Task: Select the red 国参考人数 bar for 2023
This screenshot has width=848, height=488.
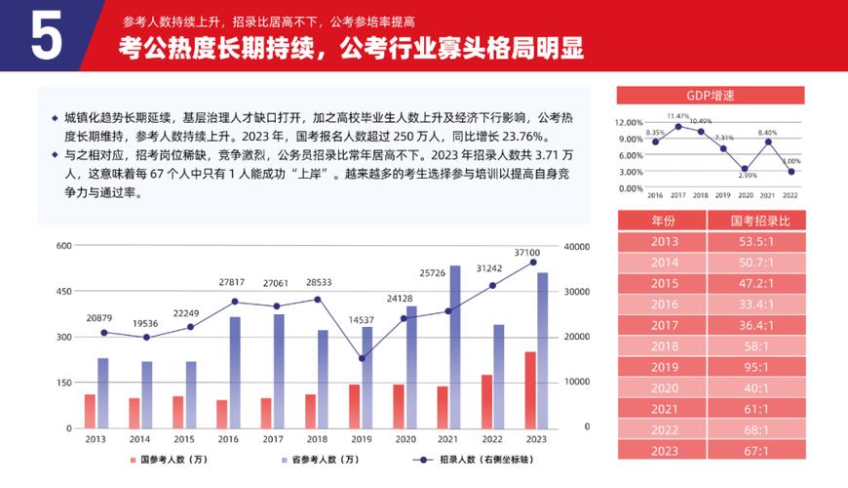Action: point(530,389)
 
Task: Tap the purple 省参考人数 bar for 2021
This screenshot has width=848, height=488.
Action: point(454,346)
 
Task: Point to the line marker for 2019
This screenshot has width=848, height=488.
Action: point(362,358)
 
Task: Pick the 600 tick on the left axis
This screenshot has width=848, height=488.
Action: point(64,246)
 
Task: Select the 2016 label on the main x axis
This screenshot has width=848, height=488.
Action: point(228,440)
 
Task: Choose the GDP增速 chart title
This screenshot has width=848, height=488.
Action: point(711,95)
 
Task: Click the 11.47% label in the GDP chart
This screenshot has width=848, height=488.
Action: point(678,115)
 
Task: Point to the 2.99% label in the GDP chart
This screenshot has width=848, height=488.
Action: point(748,176)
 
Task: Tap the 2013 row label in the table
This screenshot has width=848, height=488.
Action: point(664,241)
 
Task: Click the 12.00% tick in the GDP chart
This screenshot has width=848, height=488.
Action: point(629,123)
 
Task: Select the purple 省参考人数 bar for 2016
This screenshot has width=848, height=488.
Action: point(235,372)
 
